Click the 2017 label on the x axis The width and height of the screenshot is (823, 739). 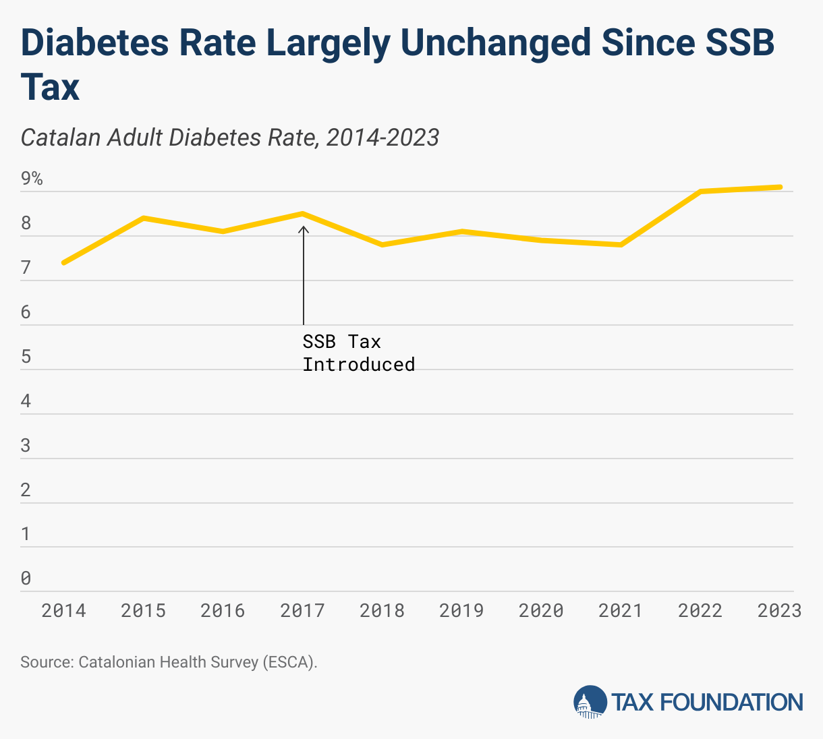click(x=302, y=611)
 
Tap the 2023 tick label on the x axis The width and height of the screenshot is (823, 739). click(x=779, y=611)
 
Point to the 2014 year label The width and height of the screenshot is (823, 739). click(x=63, y=611)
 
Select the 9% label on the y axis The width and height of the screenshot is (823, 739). click(x=32, y=179)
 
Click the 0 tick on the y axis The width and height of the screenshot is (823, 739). click(x=26, y=579)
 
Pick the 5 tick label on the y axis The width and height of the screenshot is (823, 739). click(x=26, y=357)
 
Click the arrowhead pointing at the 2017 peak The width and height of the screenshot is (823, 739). click(x=304, y=229)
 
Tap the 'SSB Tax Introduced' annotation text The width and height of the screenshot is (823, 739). click(x=358, y=353)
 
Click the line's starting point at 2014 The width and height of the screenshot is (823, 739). click(x=63, y=262)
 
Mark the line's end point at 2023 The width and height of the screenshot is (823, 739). click(x=780, y=187)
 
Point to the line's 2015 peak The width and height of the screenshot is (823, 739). click(x=144, y=218)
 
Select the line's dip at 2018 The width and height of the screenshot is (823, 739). click(x=382, y=245)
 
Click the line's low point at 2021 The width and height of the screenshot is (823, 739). click(x=621, y=245)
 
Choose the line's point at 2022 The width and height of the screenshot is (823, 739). click(x=701, y=191)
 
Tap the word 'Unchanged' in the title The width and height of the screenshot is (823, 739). click(x=495, y=42)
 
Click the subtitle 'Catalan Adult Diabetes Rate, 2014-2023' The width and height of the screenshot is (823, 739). click(x=230, y=138)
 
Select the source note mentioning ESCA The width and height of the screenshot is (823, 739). click(x=169, y=662)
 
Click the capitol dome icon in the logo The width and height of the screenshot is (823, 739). click(x=590, y=702)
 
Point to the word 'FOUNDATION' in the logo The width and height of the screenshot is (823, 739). click(x=731, y=703)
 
